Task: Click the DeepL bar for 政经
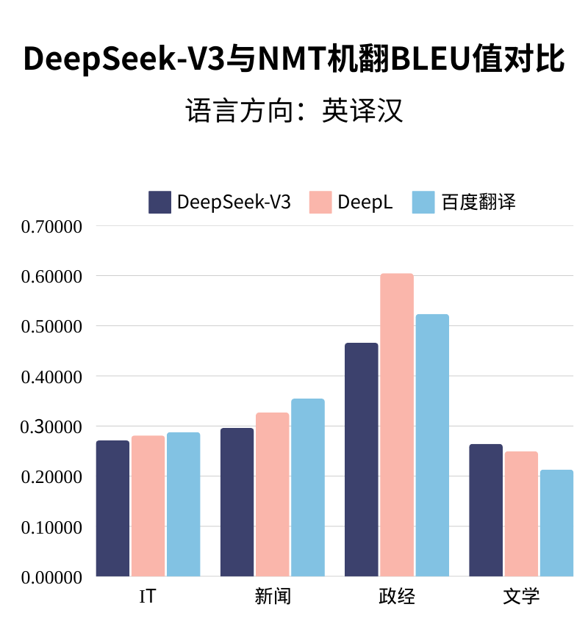click(x=397, y=425)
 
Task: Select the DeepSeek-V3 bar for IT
click(x=112, y=508)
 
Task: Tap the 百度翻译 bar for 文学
click(x=556, y=523)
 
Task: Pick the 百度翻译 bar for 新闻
click(x=307, y=487)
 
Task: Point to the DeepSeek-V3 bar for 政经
click(x=361, y=459)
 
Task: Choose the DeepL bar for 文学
click(x=521, y=514)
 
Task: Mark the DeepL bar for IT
click(x=148, y=506)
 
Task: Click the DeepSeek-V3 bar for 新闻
click(x=237, y=502)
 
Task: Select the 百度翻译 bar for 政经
click(x=432, y=445)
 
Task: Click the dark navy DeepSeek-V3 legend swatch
click(x=159, y=202)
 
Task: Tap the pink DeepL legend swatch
click(x=320, y=202)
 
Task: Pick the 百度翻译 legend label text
click(x=478, y=203)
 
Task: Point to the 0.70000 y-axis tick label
click(x=51, y=226)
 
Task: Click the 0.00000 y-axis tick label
click(x=51, y=577)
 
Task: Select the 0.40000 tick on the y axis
click(x=51, y=377)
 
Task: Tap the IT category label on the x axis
click(x=148, y=597)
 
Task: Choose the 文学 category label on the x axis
click(x=521, y=597)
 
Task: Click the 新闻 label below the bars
click(x=273, y=597)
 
